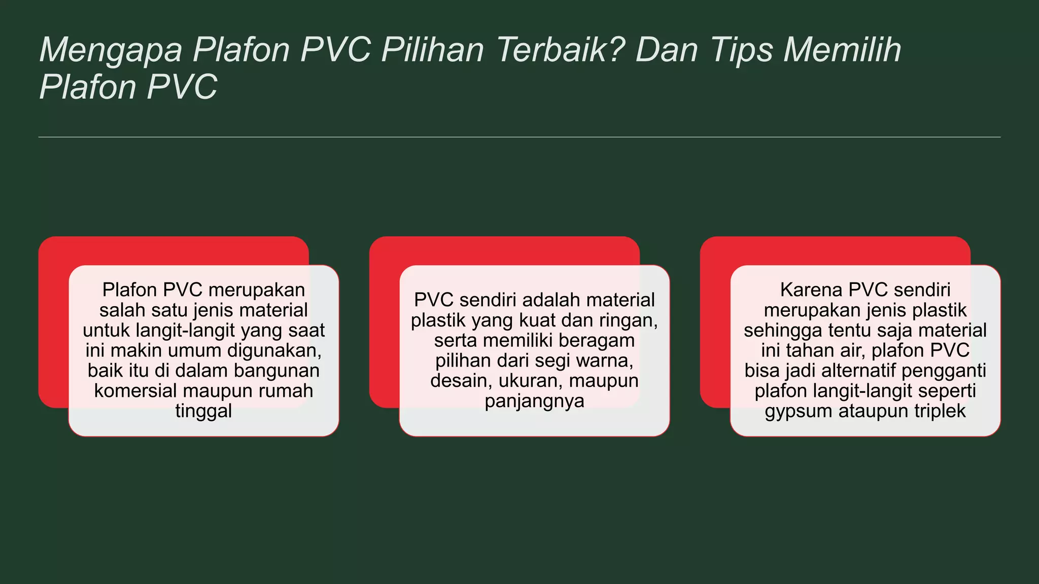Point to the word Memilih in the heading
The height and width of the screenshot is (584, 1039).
[842, 50]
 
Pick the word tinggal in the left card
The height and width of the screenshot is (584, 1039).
[203, 411]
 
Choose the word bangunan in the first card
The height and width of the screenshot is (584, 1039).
[276, 371]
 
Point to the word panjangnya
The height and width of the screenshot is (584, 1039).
[534, 401]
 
